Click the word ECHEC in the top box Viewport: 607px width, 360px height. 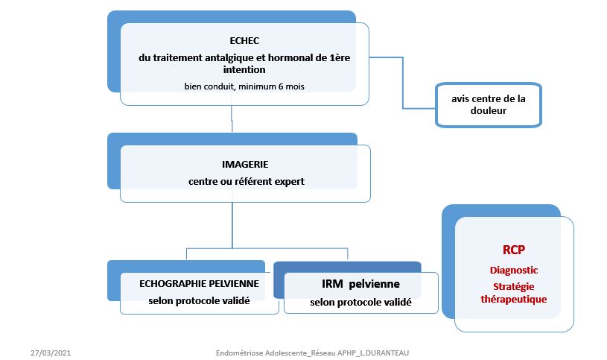point(244,40)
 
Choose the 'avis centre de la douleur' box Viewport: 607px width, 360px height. point(488,105)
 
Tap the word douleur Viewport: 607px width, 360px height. point(489,112)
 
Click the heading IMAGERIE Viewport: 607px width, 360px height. point(245,163)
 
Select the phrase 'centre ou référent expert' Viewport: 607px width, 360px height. point(245,181)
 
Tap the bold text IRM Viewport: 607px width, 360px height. point(332,284)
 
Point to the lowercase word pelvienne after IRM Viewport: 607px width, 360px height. point(375,284)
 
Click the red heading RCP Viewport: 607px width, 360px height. point(514,250)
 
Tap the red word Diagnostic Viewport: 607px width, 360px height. point(514,270)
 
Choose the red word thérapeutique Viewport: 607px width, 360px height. point(514,298)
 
